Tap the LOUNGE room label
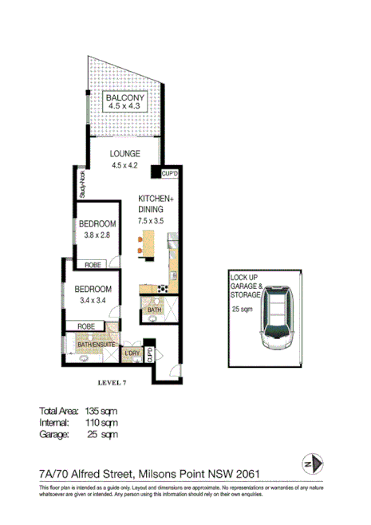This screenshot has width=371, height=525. tap(125, 154)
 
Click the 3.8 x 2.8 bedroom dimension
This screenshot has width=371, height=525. tap(98, 235)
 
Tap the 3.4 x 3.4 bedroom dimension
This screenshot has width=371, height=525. tap(91, 300)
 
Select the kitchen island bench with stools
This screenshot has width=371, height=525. tap(147, 243)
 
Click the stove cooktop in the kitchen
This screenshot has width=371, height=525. tap(166, 288)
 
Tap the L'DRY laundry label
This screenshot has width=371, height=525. tap(131, 352)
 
